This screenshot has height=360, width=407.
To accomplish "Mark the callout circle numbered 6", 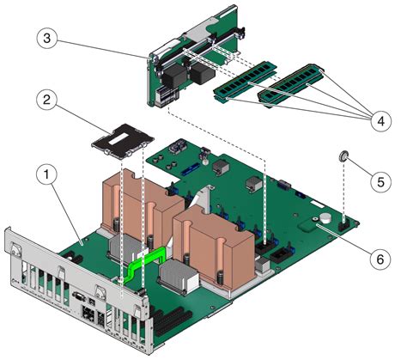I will pos(378,256).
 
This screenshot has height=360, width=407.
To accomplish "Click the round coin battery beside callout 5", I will pos(343,156).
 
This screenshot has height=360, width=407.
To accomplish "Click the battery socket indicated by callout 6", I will pos(326,221).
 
